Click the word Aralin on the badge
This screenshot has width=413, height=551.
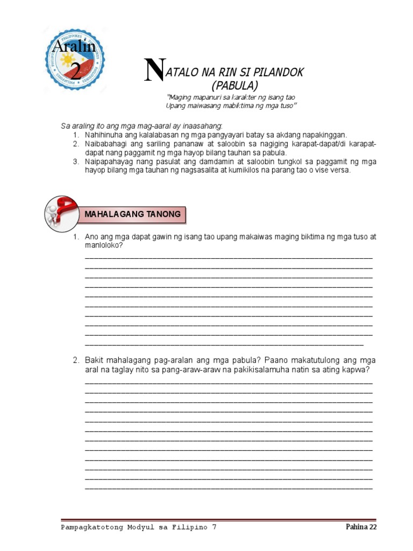(74, 47)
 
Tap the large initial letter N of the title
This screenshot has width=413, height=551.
(153, 70)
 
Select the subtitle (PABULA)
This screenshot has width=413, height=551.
(234, 85)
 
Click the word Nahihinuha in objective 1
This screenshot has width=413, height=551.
(107, 135)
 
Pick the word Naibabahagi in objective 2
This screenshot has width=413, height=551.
(108, 145)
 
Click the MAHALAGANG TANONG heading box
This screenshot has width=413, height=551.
(132, 215)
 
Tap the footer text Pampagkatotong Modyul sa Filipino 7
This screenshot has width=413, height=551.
(138, 527)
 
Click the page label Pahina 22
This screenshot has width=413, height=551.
(361, 527)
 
